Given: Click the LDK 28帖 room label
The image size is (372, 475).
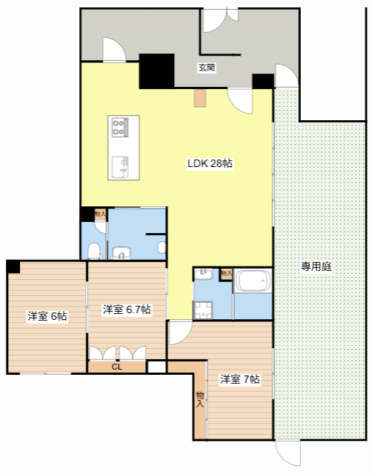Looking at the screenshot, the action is [x=210, y=163].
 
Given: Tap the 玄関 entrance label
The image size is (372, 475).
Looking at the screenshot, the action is [x=207, y=68].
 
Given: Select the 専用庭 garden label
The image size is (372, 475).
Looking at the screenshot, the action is [x=316, y=266].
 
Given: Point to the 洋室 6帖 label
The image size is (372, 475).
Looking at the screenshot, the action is [x=47, y=316].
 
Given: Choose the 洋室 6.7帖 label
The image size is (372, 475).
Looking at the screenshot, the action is [x=127, y=309].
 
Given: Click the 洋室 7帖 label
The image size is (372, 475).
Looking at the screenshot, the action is [x=239, y=379].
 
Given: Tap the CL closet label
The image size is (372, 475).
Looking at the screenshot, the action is [x=117, y=367].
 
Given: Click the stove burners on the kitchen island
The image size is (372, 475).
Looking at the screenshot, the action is [x=119, y=127].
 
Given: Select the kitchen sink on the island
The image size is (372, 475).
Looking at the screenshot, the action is [x=120, y=167].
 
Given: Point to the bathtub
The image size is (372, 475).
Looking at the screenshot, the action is [x=253, y=281].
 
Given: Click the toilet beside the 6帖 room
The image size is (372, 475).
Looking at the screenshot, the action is [x=94, y=251].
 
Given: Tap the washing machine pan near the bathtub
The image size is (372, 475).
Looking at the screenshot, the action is [x=203, y=310].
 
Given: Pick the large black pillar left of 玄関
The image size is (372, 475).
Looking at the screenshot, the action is [x=156, y=71].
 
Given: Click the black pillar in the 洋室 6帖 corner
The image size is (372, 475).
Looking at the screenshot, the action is [x=13, y=267].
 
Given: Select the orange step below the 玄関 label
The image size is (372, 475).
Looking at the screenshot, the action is [x=200, y=97].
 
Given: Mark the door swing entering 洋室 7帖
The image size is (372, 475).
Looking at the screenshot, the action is [x=180, y=332].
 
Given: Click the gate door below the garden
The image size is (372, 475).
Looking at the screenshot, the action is [x=288, y=453].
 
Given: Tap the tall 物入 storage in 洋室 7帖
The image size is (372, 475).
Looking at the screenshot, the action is [x=200, y=399].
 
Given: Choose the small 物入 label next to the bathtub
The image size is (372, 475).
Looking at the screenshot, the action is [x=226, y=274].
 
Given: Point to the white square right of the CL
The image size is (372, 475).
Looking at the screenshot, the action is [x=156, y=367].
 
